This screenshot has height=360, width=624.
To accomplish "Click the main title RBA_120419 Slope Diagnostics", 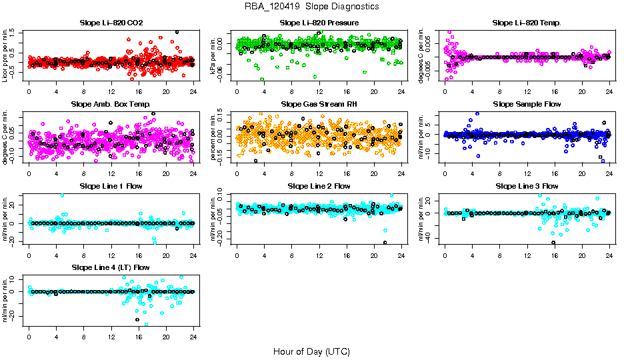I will coord(312,6).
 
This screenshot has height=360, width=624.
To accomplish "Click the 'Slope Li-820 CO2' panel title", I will coord(111,23).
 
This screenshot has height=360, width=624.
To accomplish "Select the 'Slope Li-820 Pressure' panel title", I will coord(319,23).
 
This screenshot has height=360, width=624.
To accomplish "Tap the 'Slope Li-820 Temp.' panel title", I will coord(527,23).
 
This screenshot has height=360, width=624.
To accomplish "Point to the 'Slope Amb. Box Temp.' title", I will coord(111,104).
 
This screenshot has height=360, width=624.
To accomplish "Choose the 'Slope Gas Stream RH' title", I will coord(319,104).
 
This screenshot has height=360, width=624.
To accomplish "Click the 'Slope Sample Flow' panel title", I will coord(527,104).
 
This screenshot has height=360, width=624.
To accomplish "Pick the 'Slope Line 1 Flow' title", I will coord(111,186).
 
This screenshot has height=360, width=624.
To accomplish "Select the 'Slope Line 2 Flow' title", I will coord(319,186).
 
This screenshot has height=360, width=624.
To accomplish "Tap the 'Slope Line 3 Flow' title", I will coord(527,186).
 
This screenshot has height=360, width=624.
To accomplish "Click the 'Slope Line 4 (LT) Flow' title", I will coord(111,267).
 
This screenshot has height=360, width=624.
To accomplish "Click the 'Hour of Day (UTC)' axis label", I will coord(312,351).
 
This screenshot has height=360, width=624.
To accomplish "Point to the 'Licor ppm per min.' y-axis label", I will coord(5,55).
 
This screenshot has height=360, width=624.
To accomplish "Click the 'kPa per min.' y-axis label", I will coord(213,55).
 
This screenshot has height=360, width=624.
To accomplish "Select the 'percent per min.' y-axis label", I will coord(213,137).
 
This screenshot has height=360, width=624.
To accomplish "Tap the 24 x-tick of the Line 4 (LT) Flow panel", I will coord(193,337).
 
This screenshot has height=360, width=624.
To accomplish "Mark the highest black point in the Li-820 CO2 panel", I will coord(177,32).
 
